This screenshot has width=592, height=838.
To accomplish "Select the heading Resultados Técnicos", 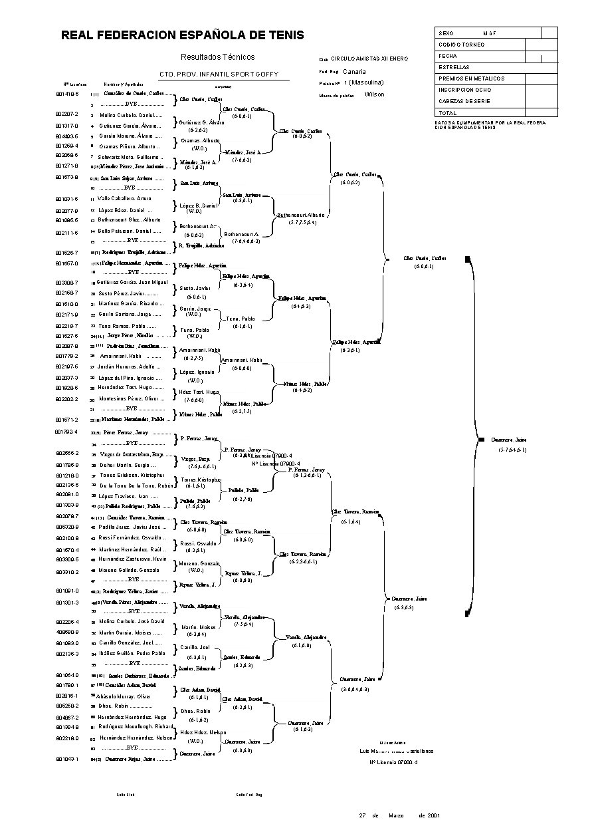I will pos(217,57).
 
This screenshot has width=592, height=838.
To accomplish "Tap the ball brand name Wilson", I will pos(375,94).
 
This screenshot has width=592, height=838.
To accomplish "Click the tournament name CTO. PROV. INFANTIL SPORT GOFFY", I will pos(218,74).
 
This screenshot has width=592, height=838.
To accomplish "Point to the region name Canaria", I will pos(355,71).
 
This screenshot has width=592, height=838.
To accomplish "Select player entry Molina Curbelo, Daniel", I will pos(131,115).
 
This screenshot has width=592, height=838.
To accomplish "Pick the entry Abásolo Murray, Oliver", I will pos(124,696).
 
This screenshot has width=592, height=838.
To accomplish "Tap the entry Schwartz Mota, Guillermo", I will pos(131,156).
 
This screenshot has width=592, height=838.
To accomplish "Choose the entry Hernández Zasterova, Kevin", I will pos(133,559).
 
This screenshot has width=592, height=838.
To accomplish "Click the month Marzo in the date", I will pos(397,815).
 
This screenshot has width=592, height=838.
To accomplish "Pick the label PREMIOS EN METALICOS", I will pos(471,78).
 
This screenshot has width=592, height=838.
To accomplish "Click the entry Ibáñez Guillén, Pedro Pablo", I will pos(132,653).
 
